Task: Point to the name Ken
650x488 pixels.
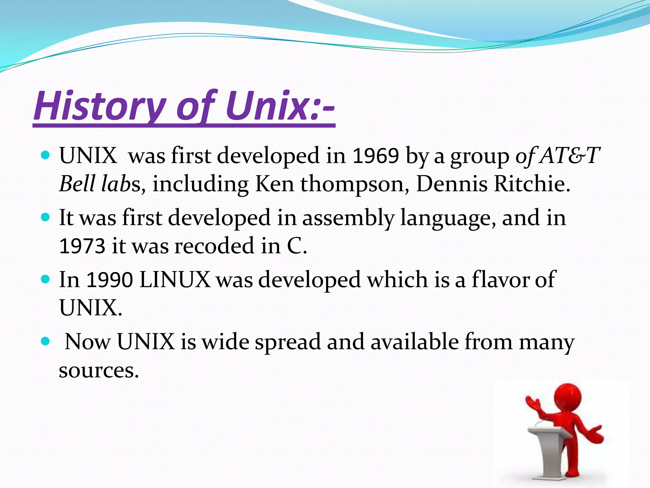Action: pyautogui.click(x=275, y=184)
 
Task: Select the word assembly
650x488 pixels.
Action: pyautogui.click(x=348, y=218)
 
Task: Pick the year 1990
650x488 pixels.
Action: pyautogui.click(x=109, y=280)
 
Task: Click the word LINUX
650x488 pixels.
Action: pyautogui.click(x=175, y=280)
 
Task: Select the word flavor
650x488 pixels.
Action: pyautogui.click(x=500, y=280)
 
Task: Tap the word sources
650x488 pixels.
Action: pyautogui.click(x=99, y=371)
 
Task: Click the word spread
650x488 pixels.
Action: pyautogui.click(x=288, y=342)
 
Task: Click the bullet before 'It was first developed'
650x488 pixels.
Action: pyautogui.click(x=46, y=217)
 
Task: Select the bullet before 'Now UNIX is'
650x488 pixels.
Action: pyautogui.click(x=46, y=342)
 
